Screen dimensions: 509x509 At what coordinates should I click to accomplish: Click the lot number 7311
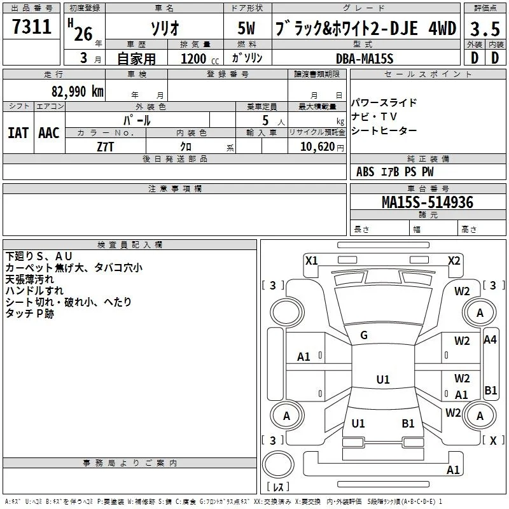(32, 26)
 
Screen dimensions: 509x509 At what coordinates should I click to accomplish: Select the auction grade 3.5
(485, 29)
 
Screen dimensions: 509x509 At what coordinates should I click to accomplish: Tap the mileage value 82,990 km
(77, 92)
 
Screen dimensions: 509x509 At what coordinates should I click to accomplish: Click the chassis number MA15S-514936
(428, 202)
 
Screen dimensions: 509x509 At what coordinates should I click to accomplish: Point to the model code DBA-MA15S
(365, 59)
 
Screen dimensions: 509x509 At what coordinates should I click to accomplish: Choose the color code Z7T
(105, 147)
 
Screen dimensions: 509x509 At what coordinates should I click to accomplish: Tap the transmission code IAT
(18, 133)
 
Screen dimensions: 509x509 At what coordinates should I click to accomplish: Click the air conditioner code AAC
(49, 133)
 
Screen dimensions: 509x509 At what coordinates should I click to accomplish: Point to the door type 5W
(246, 28)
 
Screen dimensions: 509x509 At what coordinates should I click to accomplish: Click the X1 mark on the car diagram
(311, 261)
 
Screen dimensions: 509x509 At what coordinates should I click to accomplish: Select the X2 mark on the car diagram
(454, 261)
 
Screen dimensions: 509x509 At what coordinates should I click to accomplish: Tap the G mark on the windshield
(364, 335)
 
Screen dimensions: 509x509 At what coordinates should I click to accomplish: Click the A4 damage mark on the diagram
(490, 340)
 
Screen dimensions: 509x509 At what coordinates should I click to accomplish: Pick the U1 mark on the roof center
(383, 379)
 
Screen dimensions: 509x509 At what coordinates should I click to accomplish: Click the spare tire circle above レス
(278, 464)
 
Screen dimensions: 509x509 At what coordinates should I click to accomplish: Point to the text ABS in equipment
(365, 172)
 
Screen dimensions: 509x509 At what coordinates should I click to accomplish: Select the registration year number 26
(83, 34)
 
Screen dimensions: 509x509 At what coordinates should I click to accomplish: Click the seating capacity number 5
(265, 120)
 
